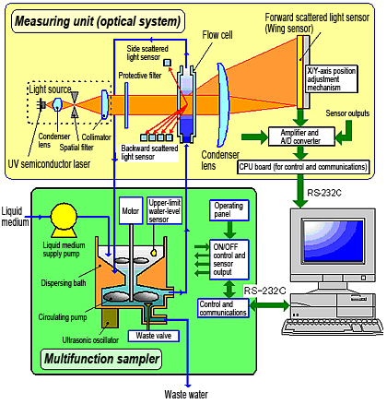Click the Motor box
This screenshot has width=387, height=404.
[x=131, y=210]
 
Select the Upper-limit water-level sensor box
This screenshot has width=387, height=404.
[x=165, y=210]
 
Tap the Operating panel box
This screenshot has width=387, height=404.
[x=229, y=210]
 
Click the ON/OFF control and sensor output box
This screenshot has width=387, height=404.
[x=229, y=260]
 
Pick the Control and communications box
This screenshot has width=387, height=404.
[x=223, y=308]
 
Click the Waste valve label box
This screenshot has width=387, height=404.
[x=154, y=336]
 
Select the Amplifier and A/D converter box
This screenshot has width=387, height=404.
[x=301, y=137]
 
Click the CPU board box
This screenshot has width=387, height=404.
[x=303, y=167]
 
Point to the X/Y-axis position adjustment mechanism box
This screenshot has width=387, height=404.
[x=332, y=78]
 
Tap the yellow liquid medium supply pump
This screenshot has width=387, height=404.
[x=64, y=220]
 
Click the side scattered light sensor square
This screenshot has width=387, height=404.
[x=167, y=63]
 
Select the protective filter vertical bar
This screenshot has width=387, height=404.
[x=126, y=105]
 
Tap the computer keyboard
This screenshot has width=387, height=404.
[x=333, y=327]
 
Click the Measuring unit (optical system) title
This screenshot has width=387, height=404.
[x=98, y=21]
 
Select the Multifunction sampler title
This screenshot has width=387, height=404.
[x=101, y=359]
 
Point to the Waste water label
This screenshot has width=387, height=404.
[x=186, y=395]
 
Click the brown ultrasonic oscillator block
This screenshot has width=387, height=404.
[x=110, y=318]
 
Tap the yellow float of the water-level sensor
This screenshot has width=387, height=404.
[x=154, y=253]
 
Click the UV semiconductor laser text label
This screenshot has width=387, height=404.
[x=49, y=164]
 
